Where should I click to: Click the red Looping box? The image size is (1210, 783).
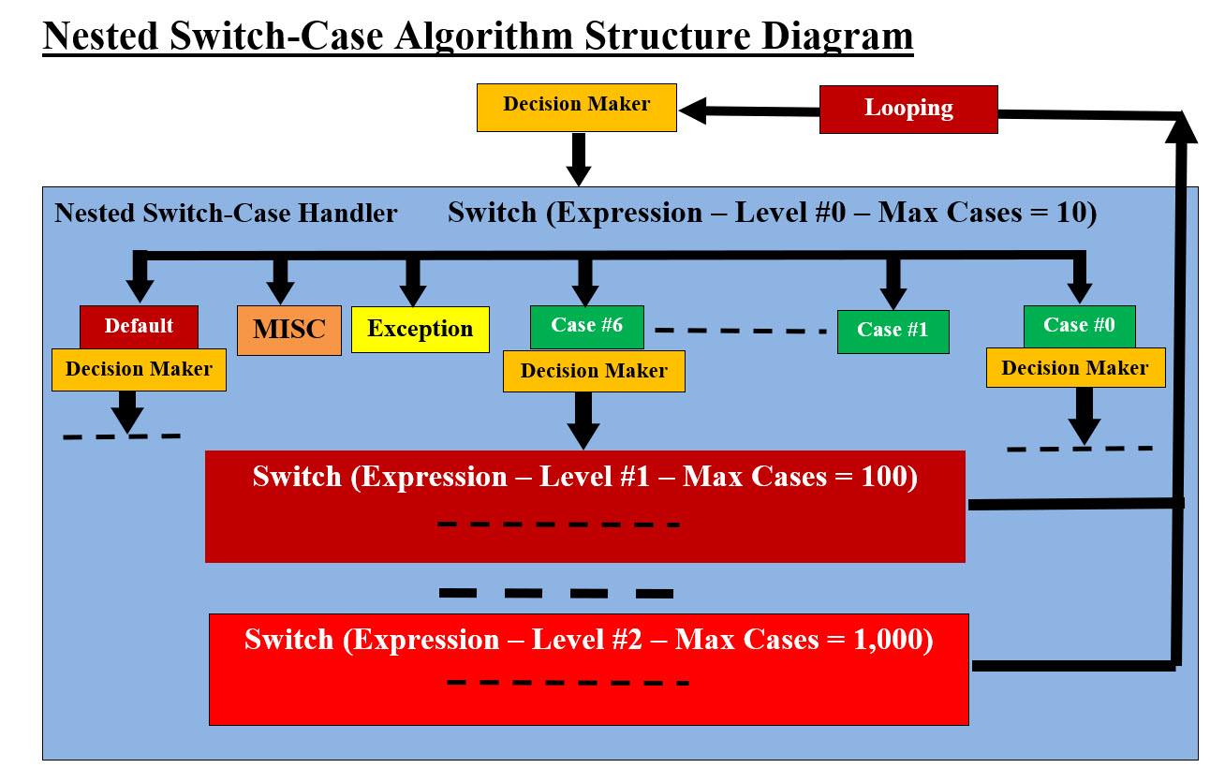908,109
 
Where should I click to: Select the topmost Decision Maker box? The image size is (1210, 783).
576,106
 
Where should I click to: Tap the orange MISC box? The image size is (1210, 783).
288,330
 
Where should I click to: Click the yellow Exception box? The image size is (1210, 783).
420,330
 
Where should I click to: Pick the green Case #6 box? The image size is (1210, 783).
585,326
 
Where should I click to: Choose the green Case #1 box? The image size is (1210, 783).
893,331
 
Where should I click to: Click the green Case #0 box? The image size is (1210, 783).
1079,325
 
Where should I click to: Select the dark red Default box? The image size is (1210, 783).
139,326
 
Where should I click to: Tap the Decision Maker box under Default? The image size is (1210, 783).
139,369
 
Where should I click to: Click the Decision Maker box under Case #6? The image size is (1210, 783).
594,371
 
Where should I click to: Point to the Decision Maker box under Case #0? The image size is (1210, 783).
1074,368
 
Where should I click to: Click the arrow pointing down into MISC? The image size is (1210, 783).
279,277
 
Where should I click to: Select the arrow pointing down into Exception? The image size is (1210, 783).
411,277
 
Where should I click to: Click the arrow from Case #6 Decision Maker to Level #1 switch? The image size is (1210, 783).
583,420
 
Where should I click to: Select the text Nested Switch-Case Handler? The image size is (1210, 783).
226,214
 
